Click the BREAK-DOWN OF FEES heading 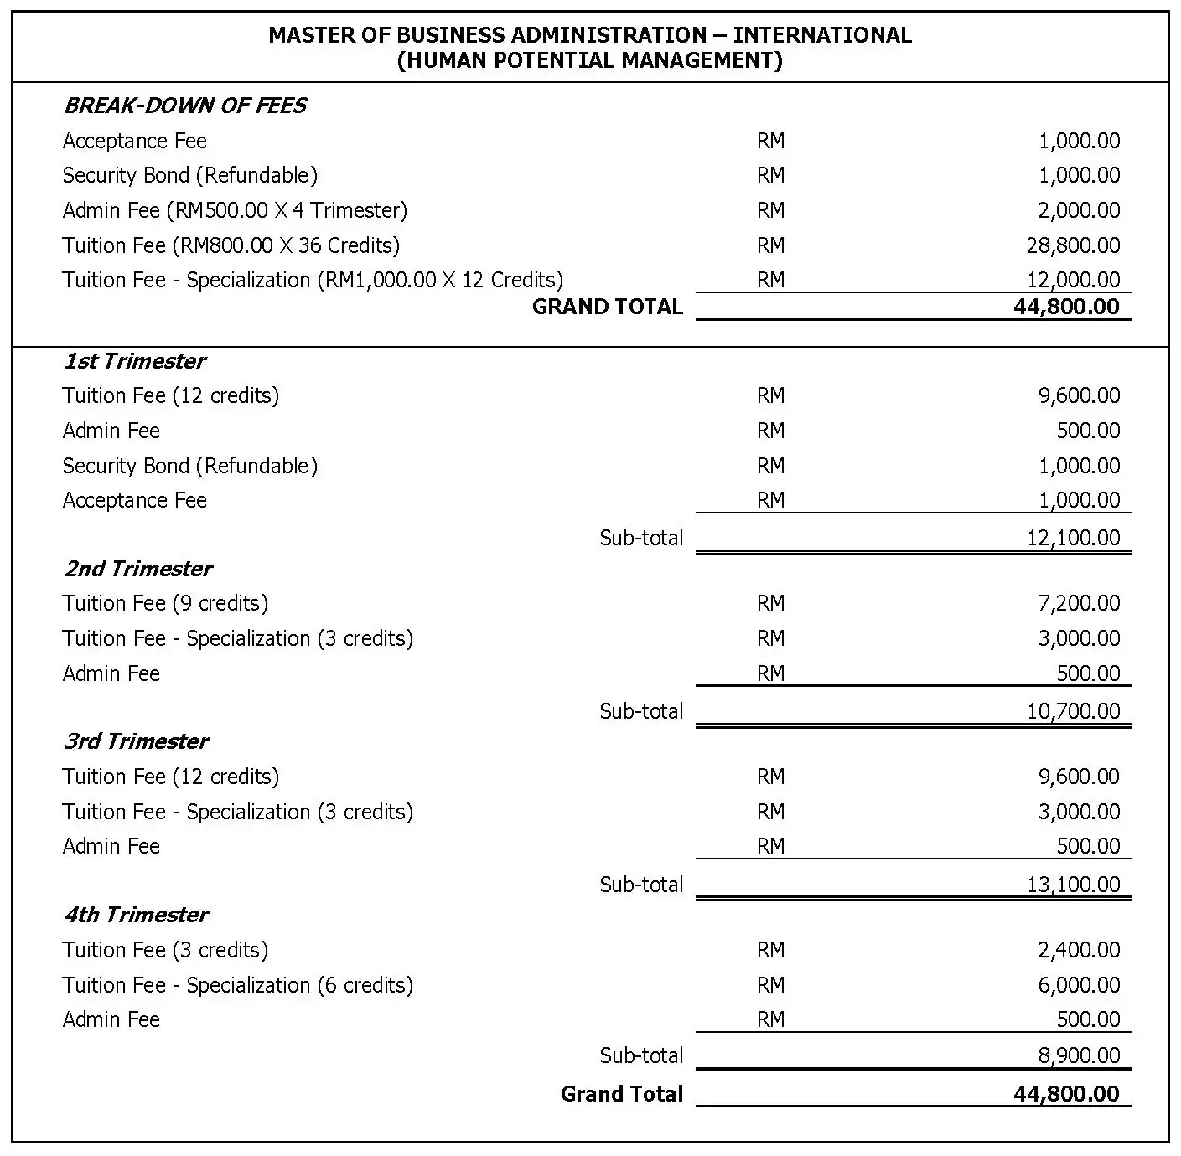pyautogui.click(x=185, y=106)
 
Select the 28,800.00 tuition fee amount pyautogui.click(x=1079, y=245)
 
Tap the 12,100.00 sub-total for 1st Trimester pyautogui.click(x=1073, y=538)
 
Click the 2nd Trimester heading pyautogui.click(x=138, y=569)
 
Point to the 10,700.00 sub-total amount pyautogui.click(x=1073, y=711)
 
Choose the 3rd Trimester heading pyautogui.click(x=136, y=741)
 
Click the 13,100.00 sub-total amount pyautogui.click(x=1073, y=885)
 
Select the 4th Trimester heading pyautogui.click(x=136, y=915)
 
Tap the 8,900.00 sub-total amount pyautogui.click(x=1079, y=1055)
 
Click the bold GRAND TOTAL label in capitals pyautogui.click(x=608, y=307)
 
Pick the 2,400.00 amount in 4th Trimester pyautogui.click(x=1079, y=950)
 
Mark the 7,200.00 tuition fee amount pyautogui.click(x=1079, y=603)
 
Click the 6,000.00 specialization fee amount pyautogui.click(x=1079, y=985)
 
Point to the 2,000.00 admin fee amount pyautogui.click(x=1079, y=210)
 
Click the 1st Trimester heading pyautogui.click(x=135, y=361)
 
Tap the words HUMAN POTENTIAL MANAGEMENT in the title pyautogui.click(x=590, y=60)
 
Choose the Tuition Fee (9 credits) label pyautogui.click(x=165, y=603)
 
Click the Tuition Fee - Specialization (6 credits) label pyautogui.click(x=238, y=985)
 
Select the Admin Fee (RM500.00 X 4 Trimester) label pyautogui.click(x=235, y=210)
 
